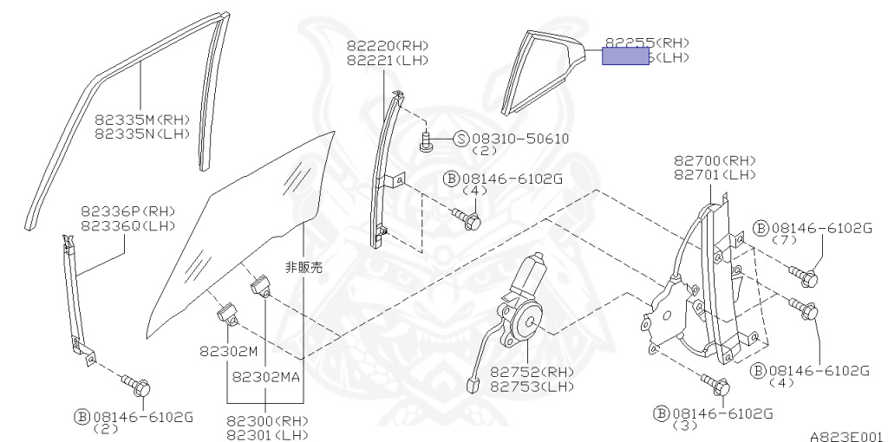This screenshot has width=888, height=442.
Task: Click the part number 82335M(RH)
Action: point(142,120)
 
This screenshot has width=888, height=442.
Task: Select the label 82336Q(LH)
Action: point(128,226)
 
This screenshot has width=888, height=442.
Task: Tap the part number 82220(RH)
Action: point(388,46)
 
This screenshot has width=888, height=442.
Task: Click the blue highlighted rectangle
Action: point(625,56)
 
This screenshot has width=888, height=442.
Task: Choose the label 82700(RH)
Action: point(715,160)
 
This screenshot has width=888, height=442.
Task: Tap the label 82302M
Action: point(229,354)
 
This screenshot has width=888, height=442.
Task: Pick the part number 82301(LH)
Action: point(267,434)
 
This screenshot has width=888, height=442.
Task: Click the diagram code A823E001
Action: point(846,436)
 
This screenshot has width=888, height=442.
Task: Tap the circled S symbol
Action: point(461,139)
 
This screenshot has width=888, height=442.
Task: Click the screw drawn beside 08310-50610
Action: point(426,141)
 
